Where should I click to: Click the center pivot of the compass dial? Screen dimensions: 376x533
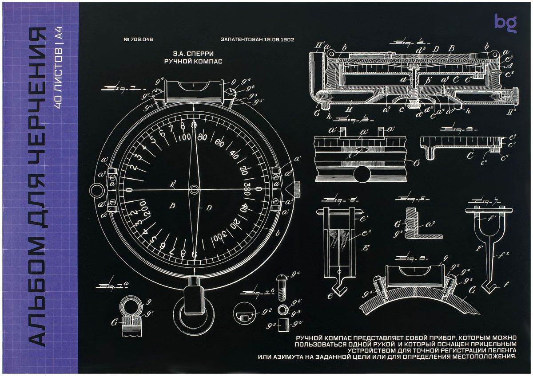(x=194, y=190)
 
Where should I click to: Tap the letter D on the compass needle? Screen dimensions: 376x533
(x=209, y=207)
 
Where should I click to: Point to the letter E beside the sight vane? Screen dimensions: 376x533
(x=366, y=248)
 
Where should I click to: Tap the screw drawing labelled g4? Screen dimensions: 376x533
(x=281, y=290)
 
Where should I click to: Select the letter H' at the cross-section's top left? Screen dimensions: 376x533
(x=318, y=45)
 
